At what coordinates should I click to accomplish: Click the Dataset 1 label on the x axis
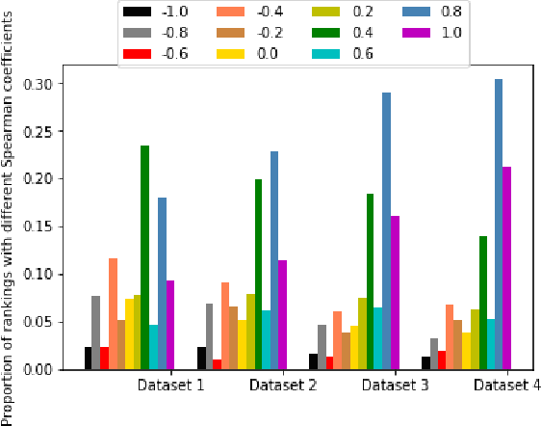(170, 386)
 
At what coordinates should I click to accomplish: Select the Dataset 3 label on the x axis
(397, 386)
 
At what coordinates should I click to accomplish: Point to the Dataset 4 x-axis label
(508, 386)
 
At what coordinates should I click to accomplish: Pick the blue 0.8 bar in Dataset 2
(274, 260)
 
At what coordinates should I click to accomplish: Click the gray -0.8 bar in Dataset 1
(96, 333)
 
